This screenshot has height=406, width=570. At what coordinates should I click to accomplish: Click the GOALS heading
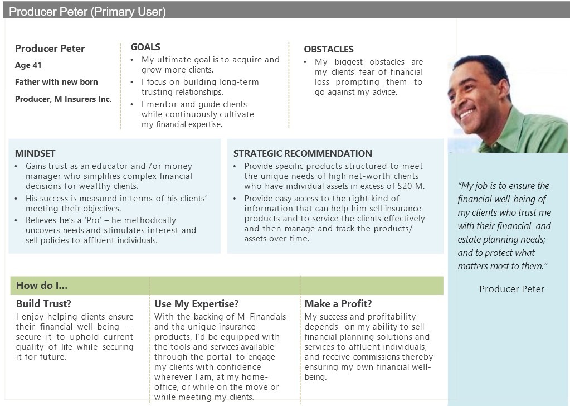[145, 47]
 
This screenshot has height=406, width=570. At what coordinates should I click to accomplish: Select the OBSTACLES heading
[329, 49]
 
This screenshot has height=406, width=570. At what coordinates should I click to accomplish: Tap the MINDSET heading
[35, 153]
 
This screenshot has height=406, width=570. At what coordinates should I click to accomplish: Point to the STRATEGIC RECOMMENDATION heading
[303, 153]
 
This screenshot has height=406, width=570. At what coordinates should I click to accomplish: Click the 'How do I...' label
[41, 285]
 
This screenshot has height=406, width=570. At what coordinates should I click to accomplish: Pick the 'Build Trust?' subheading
[43, 304]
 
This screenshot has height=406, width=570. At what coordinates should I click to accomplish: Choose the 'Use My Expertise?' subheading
[196, 304]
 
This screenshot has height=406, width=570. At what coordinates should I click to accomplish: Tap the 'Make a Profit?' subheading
[338, 304]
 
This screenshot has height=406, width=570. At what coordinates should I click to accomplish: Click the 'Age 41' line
[28, 65]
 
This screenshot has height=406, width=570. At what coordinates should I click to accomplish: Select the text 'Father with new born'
[56, 82]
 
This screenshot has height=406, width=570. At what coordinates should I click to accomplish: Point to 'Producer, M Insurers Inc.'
[64, 99]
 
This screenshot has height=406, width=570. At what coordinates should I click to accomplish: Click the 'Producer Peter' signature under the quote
[511, 289]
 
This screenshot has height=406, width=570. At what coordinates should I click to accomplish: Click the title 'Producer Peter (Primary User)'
[87, 12]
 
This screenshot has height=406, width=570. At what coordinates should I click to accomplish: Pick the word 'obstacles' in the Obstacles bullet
[387, 62]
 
